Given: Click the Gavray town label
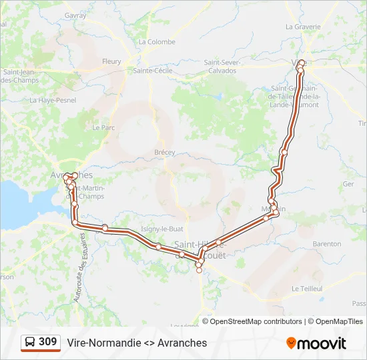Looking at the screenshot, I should (75, 15).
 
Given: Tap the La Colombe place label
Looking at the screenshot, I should (157, 41).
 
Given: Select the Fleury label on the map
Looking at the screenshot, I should (111, 61).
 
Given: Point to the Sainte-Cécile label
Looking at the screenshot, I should (153, 70).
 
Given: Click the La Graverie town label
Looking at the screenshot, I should (303, 27).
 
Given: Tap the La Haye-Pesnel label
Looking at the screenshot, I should (53, 100).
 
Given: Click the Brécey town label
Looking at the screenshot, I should (164, 152).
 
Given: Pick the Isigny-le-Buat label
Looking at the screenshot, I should (157, 229).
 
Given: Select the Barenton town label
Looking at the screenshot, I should (326, 244).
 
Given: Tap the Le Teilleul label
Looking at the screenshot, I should (307, 289).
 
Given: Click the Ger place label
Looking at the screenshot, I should (348, 183).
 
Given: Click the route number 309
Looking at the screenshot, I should (47, 342).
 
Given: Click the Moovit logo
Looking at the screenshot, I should (316, 343).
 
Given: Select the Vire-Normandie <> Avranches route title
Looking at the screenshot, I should (137, 343).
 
